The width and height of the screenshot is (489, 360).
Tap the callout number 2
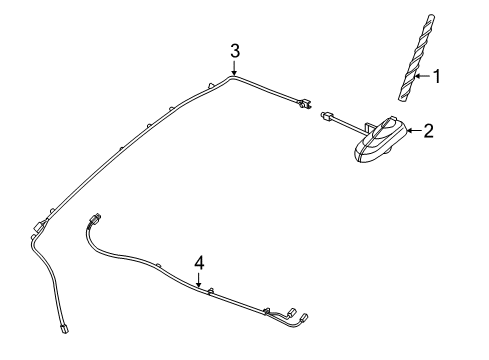428,131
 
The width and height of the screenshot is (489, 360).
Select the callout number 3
234,50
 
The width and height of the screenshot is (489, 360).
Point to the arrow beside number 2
412,131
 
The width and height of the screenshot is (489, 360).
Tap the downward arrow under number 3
234,68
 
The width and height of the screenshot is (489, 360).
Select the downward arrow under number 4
199,279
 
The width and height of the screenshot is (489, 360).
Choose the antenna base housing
377,140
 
